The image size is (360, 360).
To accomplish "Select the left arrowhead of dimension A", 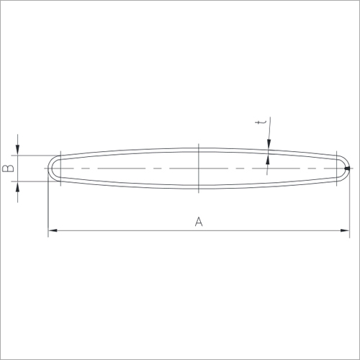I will point(53,230).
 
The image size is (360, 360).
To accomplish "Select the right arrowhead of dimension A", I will point(345,230).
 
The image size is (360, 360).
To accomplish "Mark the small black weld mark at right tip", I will point(348,169).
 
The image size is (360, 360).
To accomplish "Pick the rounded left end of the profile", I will point(50,168).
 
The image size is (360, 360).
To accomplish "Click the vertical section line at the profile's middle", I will point(198,168).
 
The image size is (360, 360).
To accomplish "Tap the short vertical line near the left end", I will point(61,168).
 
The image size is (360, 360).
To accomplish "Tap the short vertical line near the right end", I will point(336,168).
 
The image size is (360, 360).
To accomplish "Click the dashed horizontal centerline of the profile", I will point(130,168).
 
